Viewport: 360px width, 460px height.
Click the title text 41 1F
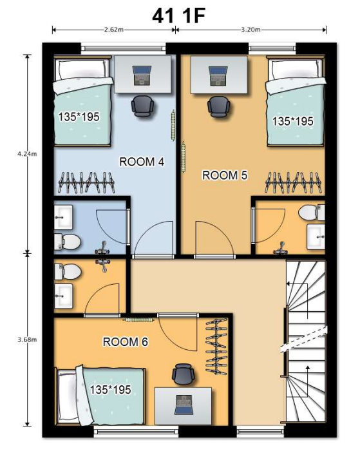tap(178, 15)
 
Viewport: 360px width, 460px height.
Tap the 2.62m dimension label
tap(114, 30)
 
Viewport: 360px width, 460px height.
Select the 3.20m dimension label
tap(251, 30)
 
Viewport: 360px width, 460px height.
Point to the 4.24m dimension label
tap(27, 153)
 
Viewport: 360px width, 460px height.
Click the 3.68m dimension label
tap(27, 340)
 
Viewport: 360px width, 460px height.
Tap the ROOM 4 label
tap(142, 162)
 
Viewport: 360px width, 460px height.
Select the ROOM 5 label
tap(225, 175)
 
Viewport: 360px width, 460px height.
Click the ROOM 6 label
tap(126, 341)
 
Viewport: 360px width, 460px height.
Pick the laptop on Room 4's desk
tap(142, 75)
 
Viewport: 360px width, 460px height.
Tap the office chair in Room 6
tap(184, 374)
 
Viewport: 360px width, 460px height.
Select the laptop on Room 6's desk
tap(184, 405)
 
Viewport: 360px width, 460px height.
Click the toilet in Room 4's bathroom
tap(67, 242)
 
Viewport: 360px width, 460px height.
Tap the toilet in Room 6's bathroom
tap(68, 271)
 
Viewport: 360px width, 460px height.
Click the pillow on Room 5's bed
tap(296, 70)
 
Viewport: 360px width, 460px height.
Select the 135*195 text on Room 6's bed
tap(110, 390)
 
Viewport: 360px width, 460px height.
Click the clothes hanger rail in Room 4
tap(86, 182)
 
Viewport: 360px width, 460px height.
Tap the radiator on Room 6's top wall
tap(138, 320)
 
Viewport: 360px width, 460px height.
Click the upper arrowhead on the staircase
tap(289, 284)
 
